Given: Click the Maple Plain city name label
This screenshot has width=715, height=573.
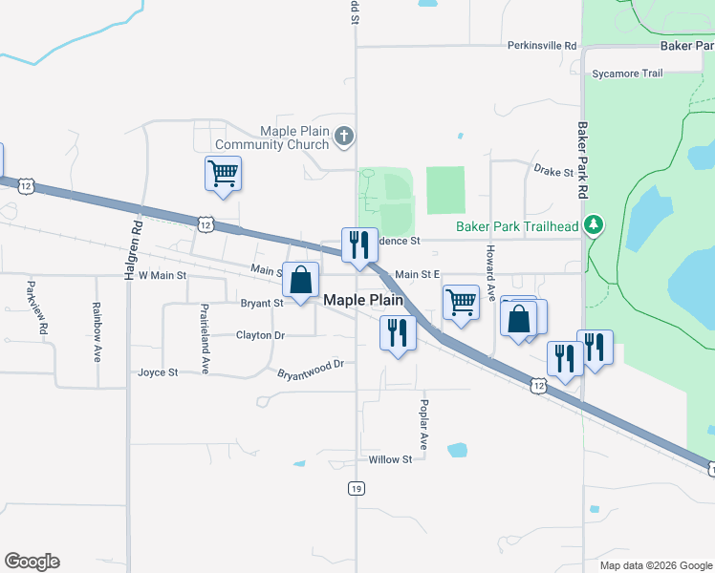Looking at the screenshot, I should pyautogui.click(x=364, y=299).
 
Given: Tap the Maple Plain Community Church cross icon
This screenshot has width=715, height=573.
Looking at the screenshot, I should pyautogui.click(x=345, y=138).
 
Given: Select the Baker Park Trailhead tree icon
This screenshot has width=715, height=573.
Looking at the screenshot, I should pyautogui.click(x=596, y=225).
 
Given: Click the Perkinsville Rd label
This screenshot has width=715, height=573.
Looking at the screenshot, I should pyautogui.click(x=543, y=45).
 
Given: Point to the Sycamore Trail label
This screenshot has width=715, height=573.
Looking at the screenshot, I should pyautogui.click(x=627, y=74).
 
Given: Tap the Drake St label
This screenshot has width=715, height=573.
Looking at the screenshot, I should pyautogui.click(x=553, y=172).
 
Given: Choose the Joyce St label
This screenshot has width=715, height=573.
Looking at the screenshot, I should pyautogui.click(x=158, y=372).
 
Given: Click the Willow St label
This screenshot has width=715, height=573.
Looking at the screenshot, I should pyautogui.click(x=390, y=459).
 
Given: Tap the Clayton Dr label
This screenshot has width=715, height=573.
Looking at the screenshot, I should pyautogui.click(x=260, y=335).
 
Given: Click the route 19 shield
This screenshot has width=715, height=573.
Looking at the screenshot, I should pyautogui.click(x=356, y=488).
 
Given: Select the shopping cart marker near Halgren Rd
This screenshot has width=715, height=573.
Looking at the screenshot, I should pyautogui.click(x=223, y=174).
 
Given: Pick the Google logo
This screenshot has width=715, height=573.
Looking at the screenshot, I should pyautogui.click(x=32, y=562).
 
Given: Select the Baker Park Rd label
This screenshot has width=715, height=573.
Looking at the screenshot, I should pyautogui.click(x=580, y=159).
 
